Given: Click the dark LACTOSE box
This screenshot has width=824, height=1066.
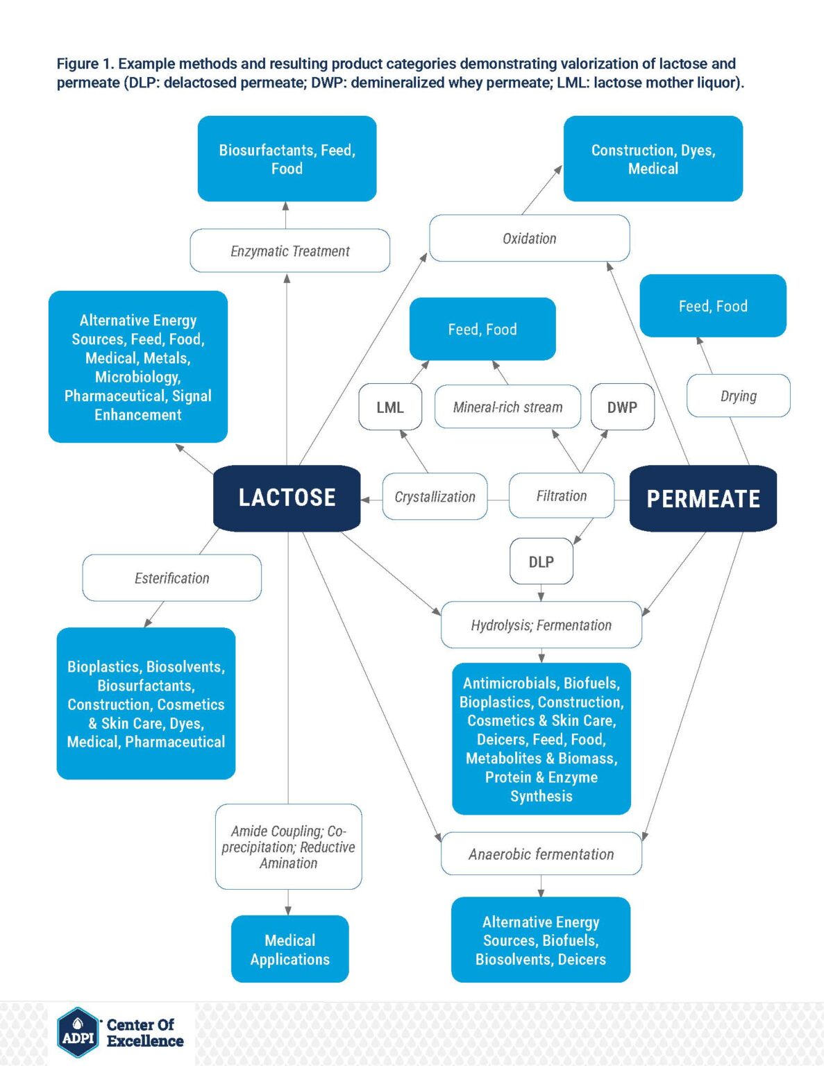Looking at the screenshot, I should pyautogui.click(x=287, y=498).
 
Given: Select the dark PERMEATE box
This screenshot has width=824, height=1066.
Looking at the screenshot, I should pyautogui.click(x=703, y=498).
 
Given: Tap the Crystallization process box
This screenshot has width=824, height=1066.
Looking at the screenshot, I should pyautogui.click(x=435, y=497).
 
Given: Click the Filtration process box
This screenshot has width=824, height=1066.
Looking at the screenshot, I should pyautogui.click(x=561, y=496).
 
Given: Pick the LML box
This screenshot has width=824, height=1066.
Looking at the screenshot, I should pyautogui.click(x=389, y=407).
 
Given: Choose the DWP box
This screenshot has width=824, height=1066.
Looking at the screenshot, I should pyautogui.click(x=621, y=407).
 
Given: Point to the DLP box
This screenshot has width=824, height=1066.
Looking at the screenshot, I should pyautogui.click(x=541, y=561).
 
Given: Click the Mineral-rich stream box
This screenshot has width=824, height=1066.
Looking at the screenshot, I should pyautogui.click(x=507, y=407).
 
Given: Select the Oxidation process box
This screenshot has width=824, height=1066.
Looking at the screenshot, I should pyautogui.click(x=529, y=238).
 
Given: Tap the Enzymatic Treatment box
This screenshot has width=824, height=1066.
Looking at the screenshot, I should pyautogui.click(x=289, y=251).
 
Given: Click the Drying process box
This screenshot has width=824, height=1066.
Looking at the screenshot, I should pyautogui.click(x=738, y=396).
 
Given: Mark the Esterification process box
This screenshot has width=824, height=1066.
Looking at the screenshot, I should pyautogui.click(x=171, y=577).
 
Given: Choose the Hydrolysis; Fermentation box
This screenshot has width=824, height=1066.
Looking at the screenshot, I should pyautogui.click(x=541, y=625).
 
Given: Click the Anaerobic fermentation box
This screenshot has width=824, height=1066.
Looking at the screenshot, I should pyautogui.click(x=541, y=854).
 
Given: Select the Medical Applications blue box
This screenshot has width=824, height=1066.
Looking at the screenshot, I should pyautogui.click(x=289, y=949).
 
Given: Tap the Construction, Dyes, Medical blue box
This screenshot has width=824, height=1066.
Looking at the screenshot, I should pyautogui.click(x=653, y=159).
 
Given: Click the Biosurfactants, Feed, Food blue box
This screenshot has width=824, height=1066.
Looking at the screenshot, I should pyautogui.click(x=287, y=159).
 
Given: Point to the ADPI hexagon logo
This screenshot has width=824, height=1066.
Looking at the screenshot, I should pyautogui.click(x=78, y=1033).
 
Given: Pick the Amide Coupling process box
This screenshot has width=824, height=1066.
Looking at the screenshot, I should pyautogui.click(x=288, y=847).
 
